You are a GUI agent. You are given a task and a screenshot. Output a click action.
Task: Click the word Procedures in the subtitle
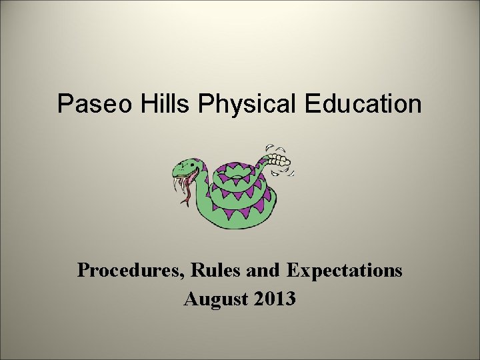[131, 271]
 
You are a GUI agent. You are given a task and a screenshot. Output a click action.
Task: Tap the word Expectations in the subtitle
[344, 271]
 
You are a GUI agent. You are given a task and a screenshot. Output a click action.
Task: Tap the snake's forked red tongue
[188, 193]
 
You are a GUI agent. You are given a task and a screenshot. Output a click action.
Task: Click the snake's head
[191, 167]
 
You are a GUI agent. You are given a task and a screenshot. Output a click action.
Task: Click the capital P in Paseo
[65, 104]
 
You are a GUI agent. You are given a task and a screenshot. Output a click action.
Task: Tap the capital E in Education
[312, 104]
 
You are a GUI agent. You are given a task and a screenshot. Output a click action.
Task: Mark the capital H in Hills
[145, 104]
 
